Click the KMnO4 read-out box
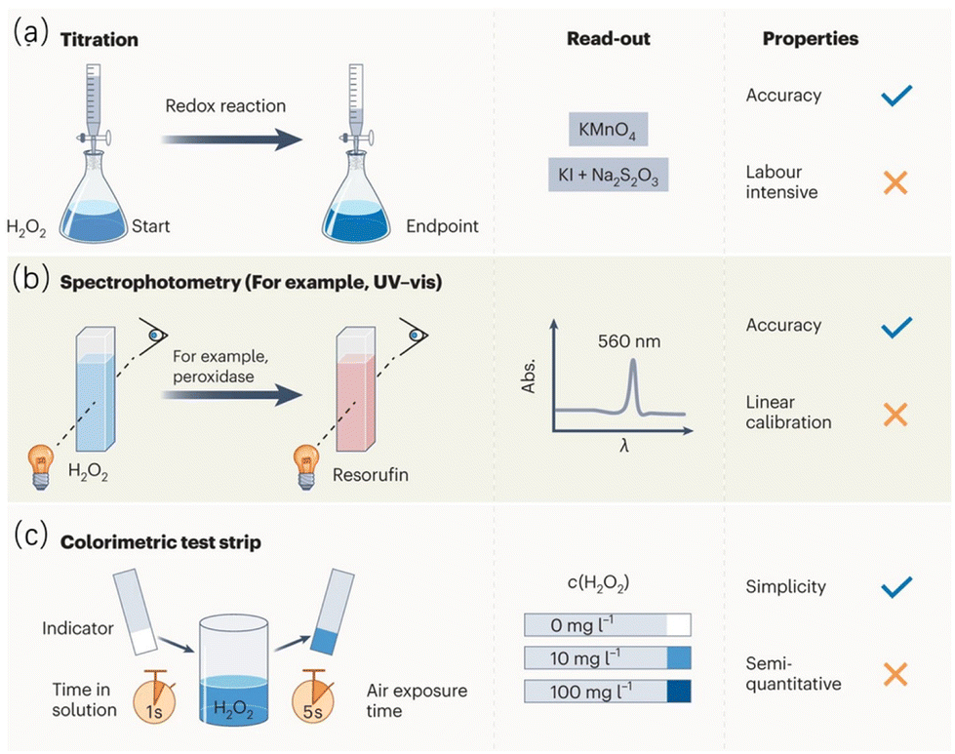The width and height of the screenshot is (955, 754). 608,129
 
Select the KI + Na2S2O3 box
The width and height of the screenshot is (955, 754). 608,175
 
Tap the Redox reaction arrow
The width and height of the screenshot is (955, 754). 231,139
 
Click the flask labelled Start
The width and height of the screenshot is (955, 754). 94,196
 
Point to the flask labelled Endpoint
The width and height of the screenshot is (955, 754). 356,196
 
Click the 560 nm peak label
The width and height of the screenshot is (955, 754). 629,341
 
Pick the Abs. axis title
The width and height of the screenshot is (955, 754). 529,376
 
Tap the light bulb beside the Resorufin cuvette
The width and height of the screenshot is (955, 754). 306,467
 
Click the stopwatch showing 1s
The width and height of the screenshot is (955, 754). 155,697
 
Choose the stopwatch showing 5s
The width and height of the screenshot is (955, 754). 313,697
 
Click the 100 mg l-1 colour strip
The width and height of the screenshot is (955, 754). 608,692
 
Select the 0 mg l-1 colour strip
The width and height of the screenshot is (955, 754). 608,625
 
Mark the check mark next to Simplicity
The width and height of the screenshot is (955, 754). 896,586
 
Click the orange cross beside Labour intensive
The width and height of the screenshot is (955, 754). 895,182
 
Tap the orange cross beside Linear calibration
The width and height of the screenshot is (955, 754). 895,415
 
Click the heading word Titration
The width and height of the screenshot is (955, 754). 99,40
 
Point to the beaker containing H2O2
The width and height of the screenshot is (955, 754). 234,670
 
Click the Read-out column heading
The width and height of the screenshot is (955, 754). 609,38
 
